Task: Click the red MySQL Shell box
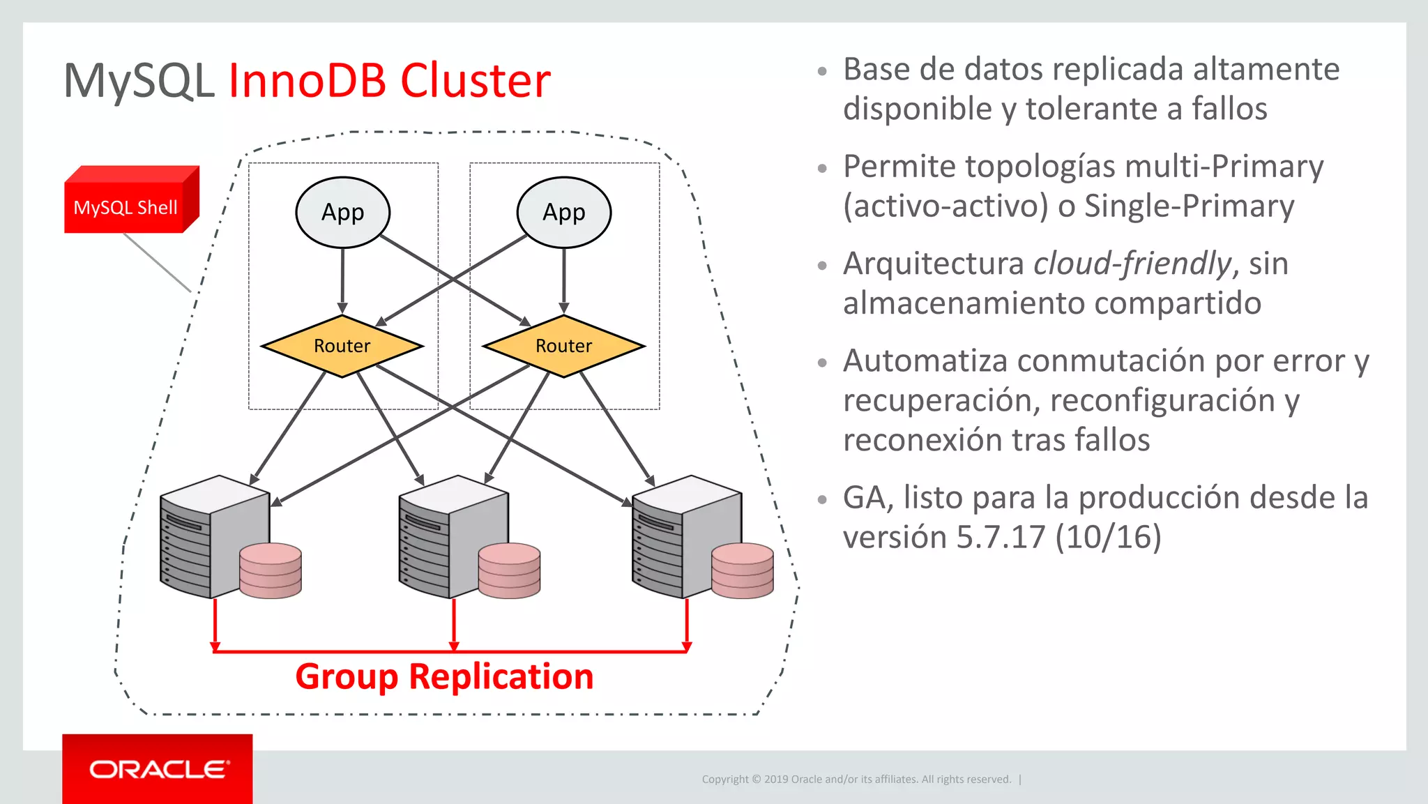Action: point(126,206)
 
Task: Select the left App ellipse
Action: point(342,212)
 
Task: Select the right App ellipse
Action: point(563,212)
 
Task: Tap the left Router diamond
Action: point(342,346)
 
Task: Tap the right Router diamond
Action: point(563,346)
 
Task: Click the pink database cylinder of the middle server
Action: point(509,570)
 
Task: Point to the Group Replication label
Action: point(444,676)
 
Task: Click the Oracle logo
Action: point(158,769)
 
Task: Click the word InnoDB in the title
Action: point(307,81)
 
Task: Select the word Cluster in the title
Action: point(476,81)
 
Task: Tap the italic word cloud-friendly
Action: point(1132,264)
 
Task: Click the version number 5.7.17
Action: point(1001,537)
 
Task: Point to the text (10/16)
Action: point(1109,537)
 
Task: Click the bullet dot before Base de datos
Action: point(822,70)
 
